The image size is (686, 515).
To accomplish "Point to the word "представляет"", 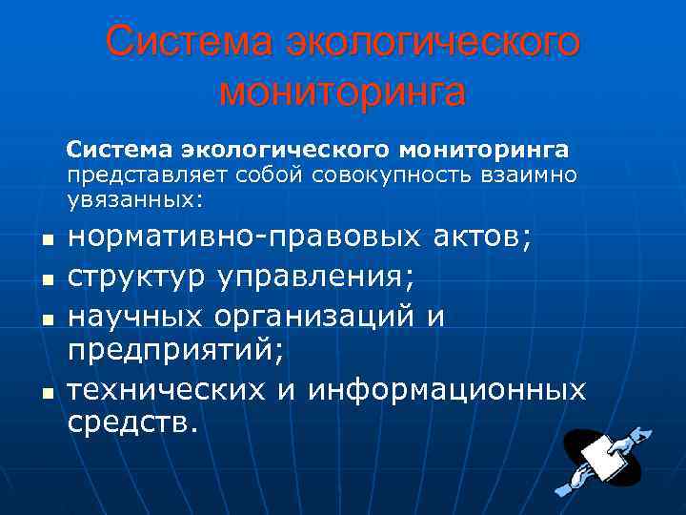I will tap(126, 175).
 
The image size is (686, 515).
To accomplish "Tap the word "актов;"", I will tap(484, 239).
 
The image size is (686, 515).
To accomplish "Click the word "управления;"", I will tap(316, 278).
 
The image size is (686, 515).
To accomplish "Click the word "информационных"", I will tap(447, 388).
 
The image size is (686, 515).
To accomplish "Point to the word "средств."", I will tap(132, 422).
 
